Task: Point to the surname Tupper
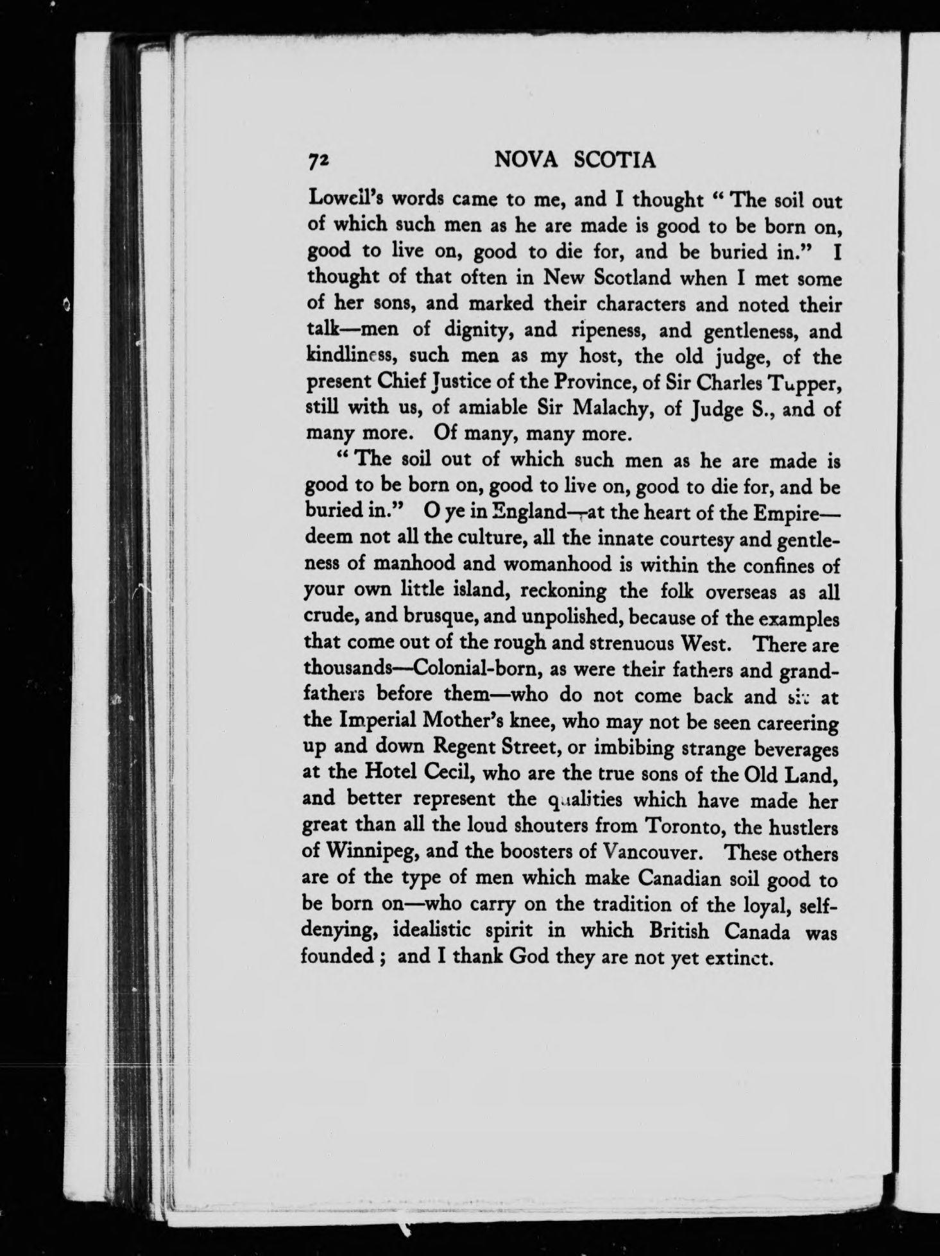(x=804, y=382)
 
